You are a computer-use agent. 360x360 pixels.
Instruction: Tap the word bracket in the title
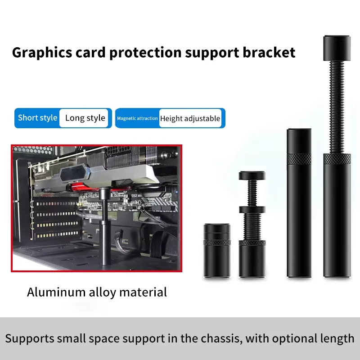point(269,53)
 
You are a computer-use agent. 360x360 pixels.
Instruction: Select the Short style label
point(38,118)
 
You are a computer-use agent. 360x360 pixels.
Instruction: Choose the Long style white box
point(85,118)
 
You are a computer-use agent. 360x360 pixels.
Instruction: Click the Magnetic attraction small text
point(137,118)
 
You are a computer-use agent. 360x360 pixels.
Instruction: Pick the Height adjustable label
point(190,118)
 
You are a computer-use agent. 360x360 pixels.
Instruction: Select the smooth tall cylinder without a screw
point(299,202)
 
